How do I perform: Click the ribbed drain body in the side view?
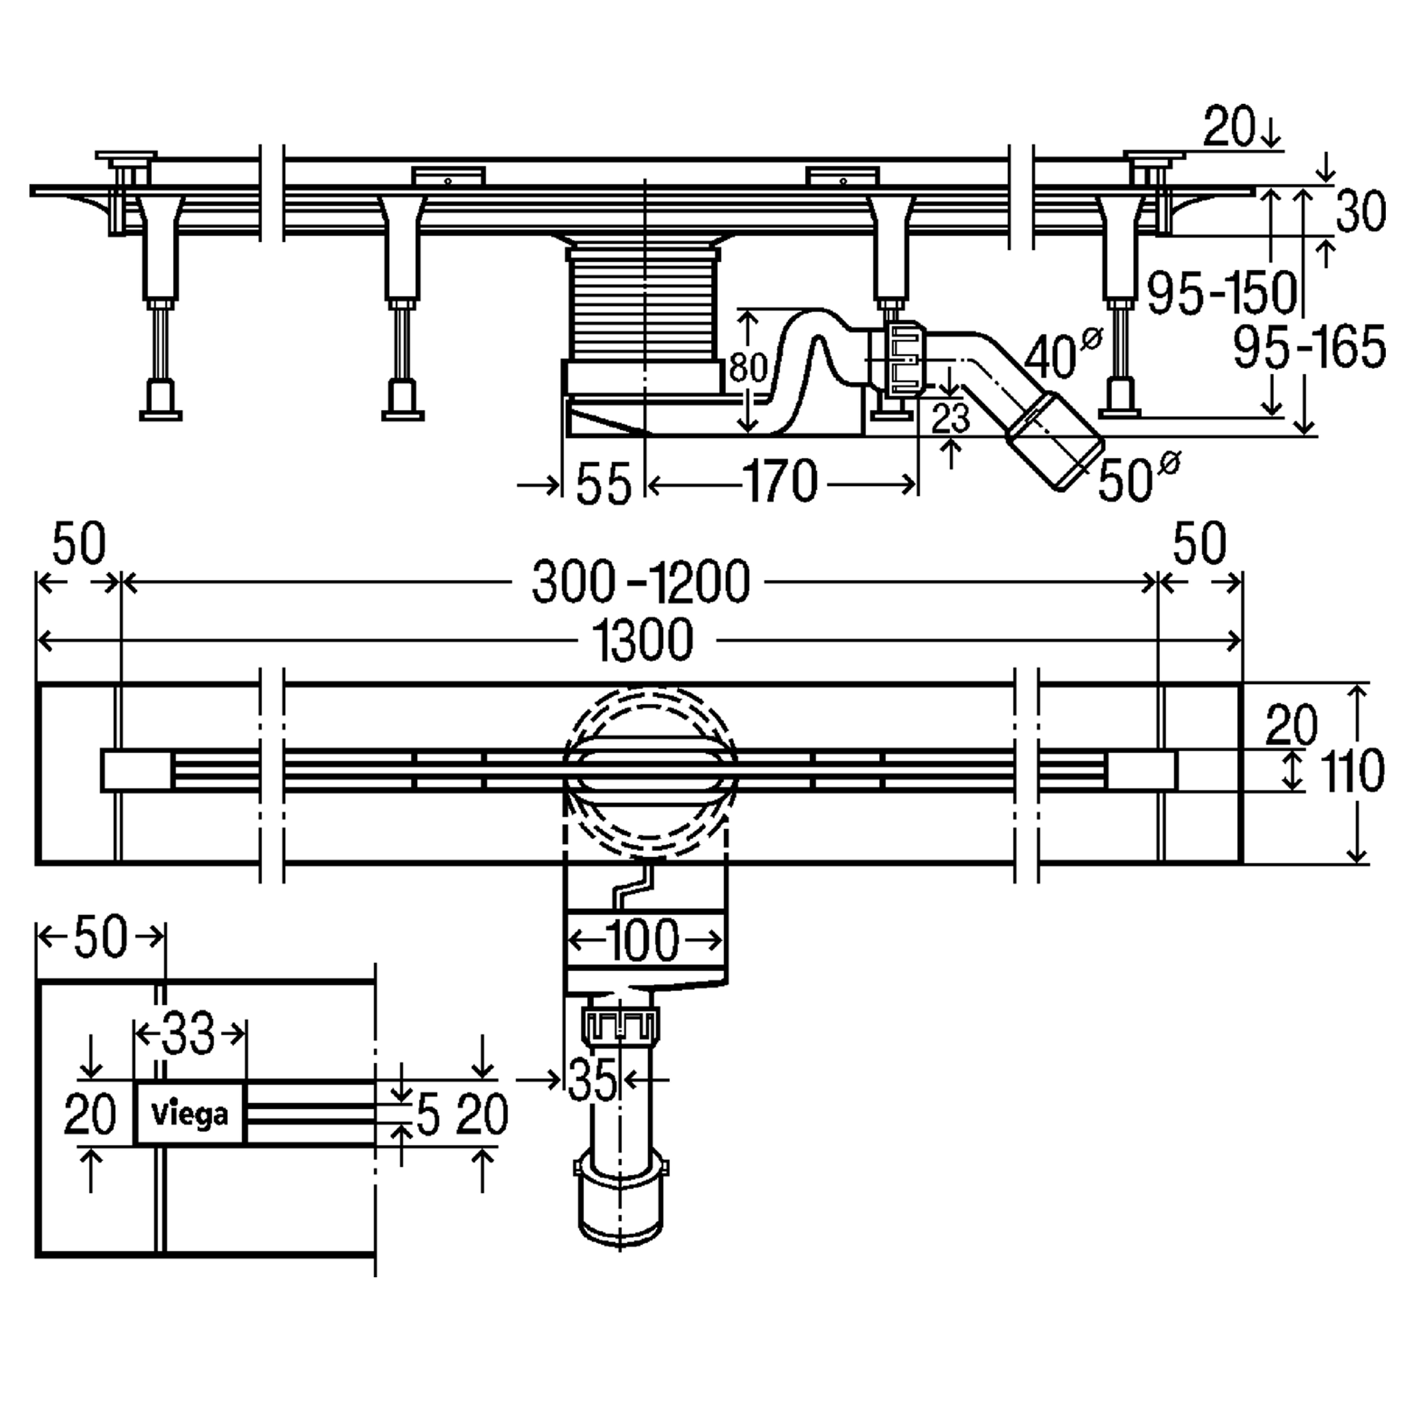coord(642,304)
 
